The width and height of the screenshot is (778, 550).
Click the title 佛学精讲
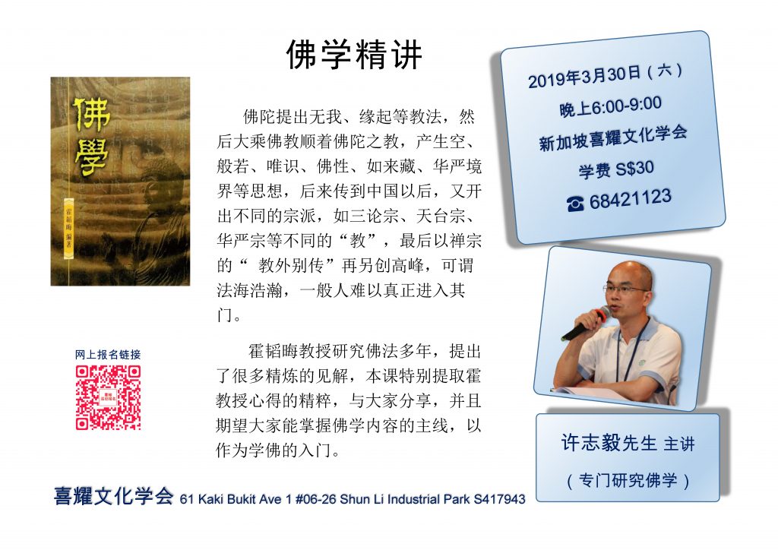coord(354,55)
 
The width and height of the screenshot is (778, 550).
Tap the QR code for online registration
coord(108,397)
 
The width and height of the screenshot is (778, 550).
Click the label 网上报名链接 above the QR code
coord(108,355)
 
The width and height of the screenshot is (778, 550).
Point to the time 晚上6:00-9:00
coord(610,106)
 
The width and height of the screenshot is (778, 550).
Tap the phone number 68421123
coord(630,199)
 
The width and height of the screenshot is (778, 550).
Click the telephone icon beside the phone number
coord(575,204)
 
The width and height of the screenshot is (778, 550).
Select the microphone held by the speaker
coord(586,324)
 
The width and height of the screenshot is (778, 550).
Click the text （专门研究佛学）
coord(628,480)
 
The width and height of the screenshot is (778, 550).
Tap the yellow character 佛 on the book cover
coord(92,114)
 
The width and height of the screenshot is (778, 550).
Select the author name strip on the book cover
coord(68,228)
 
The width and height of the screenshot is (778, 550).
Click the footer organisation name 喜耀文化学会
coord(114,496)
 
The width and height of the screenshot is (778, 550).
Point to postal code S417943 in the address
coord(499,499)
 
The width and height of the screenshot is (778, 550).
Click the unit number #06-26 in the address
coord(316,499)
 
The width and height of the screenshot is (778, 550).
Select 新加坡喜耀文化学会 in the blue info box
coord(613,137)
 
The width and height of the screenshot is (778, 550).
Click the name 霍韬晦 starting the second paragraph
coord(273,351)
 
